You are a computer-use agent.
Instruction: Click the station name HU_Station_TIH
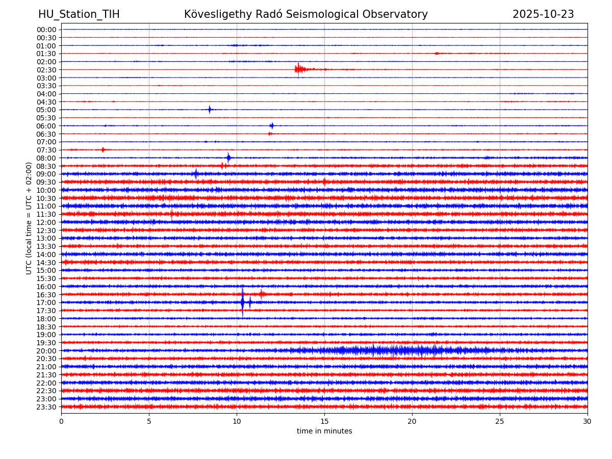click(79, 15)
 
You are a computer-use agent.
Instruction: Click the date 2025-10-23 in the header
click(543, 15)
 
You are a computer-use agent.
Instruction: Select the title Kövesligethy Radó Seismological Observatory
click(306, 15)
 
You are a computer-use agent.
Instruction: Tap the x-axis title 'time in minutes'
click(324, 431)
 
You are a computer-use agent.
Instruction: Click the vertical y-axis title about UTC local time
click(29, 218)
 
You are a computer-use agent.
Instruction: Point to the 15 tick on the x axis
click(324, 422)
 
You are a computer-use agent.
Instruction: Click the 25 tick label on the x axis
click(500, 422)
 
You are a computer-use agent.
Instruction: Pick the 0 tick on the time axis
click(61, 422)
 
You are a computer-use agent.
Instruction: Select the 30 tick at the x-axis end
click(588, 422)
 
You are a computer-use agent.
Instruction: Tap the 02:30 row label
click(46, 70)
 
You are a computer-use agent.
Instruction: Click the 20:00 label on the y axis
click(46, 351)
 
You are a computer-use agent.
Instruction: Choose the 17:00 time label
click(46, 302)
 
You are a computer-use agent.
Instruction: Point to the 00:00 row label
click(46, 30)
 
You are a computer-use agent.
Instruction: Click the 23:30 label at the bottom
click(46, 407)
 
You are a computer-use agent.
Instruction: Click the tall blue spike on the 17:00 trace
click(242, 302)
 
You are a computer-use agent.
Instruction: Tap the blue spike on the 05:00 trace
click(210, 110)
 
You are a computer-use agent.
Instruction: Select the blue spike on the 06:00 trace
click(272, 125)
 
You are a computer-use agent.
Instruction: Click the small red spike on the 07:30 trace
click(103, 150)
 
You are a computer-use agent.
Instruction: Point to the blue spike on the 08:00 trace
click(228, 158)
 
